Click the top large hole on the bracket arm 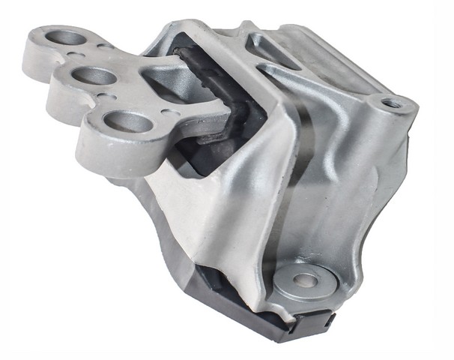69,37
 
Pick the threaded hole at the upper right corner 391,103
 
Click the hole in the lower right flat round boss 305,280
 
